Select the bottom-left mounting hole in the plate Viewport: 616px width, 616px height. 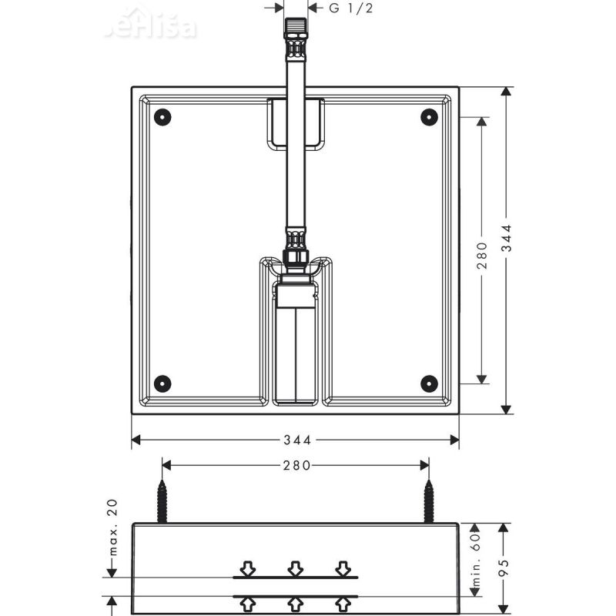coord(162,383)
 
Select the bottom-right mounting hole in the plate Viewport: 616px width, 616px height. coord(429,383)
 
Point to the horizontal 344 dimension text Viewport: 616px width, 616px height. coord(296,440)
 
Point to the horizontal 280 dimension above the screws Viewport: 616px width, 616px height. coord(296,465)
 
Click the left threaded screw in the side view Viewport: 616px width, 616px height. coord(162,501)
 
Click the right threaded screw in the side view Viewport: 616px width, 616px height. coord(428,501)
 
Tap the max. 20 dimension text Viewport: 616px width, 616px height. coord(112,529)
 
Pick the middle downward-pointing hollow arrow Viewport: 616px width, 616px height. coord(295,568)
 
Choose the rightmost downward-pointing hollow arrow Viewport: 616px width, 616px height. coord(343,568)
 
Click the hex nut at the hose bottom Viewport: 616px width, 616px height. coord(296,257)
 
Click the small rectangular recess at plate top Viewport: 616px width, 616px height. coord(296,123)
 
